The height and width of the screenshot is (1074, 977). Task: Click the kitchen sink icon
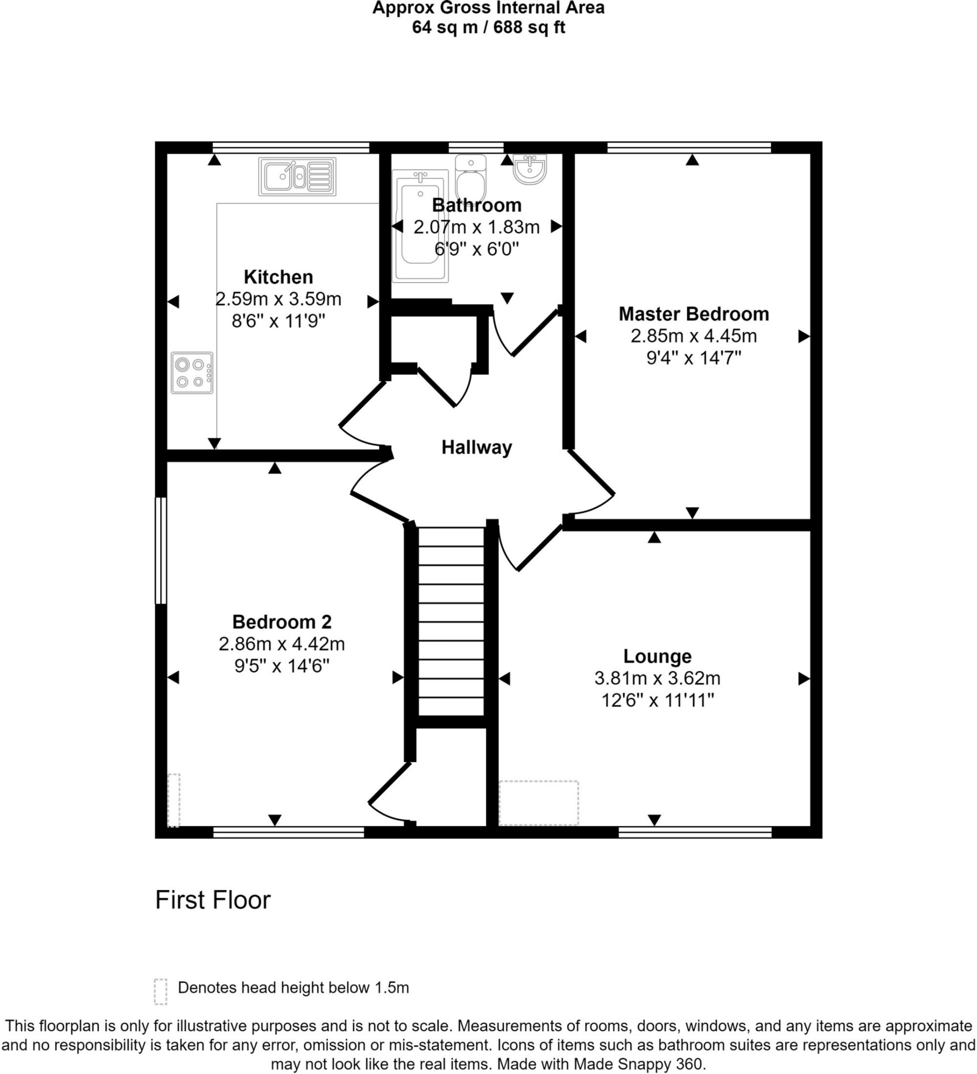[297, 176]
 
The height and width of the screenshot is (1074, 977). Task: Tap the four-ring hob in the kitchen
[192, 373]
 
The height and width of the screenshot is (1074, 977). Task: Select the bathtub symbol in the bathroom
[420, 226]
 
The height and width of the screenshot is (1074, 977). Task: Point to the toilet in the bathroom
[471, 178]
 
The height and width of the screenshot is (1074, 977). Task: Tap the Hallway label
[476, 447]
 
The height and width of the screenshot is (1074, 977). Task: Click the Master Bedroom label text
[694, 314]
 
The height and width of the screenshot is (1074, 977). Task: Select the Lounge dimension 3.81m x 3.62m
[657, 678]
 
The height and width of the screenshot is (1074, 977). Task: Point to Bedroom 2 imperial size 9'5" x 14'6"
[282, 666]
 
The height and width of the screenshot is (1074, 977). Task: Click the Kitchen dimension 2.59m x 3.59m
[278, 299]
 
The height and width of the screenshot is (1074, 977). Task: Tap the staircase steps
[451, 620]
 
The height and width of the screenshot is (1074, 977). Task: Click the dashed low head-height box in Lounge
[538, 803]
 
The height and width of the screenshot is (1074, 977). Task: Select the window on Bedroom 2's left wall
[161, 550]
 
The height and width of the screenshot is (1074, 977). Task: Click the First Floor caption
[213, 900]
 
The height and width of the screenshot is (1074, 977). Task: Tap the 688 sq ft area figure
[529, 27]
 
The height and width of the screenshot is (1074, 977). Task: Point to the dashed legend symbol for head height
[161, 992]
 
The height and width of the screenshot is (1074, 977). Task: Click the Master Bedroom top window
[688, 147]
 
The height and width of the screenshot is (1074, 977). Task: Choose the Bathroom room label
[476, 205]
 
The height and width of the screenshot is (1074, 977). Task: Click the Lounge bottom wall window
[695, 832]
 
